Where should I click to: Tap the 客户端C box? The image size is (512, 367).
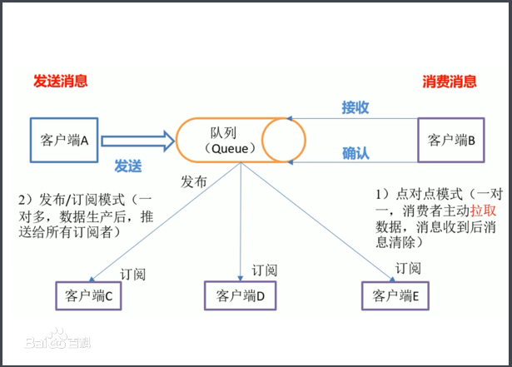click(92, 295)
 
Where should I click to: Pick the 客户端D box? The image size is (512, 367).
click(241, 295)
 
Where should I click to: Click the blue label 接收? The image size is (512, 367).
click(355, 107)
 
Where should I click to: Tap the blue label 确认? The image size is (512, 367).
click(355, 153)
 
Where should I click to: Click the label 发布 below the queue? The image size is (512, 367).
click(194, 181)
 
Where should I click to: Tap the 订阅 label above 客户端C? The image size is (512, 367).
click(134, 272)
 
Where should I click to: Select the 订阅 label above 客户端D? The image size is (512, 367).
click(264, 270)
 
